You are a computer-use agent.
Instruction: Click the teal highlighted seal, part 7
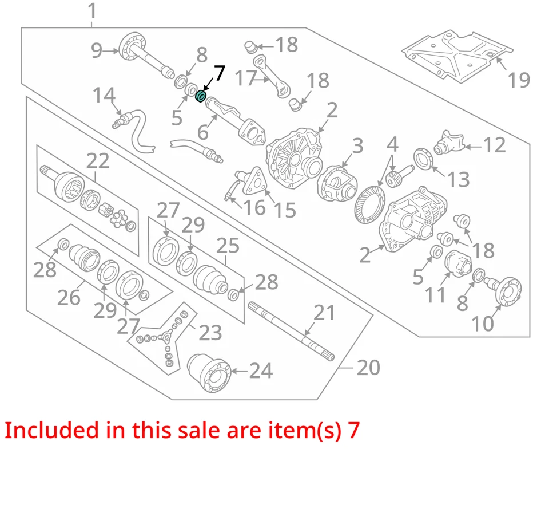pos(201,96)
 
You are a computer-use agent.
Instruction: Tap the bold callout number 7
pos(219,73)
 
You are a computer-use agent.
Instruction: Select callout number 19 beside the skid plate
pos(519,80)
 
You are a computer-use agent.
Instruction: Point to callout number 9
pos(97,51)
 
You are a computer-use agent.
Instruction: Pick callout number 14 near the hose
pos(104,95)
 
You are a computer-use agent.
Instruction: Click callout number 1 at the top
pos(92,10)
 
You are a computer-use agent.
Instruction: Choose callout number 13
pos(458,179)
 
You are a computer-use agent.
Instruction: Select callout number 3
pos(357,146)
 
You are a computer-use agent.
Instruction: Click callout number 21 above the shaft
pos(324,313)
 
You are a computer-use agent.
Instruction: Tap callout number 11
pos(435,295)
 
